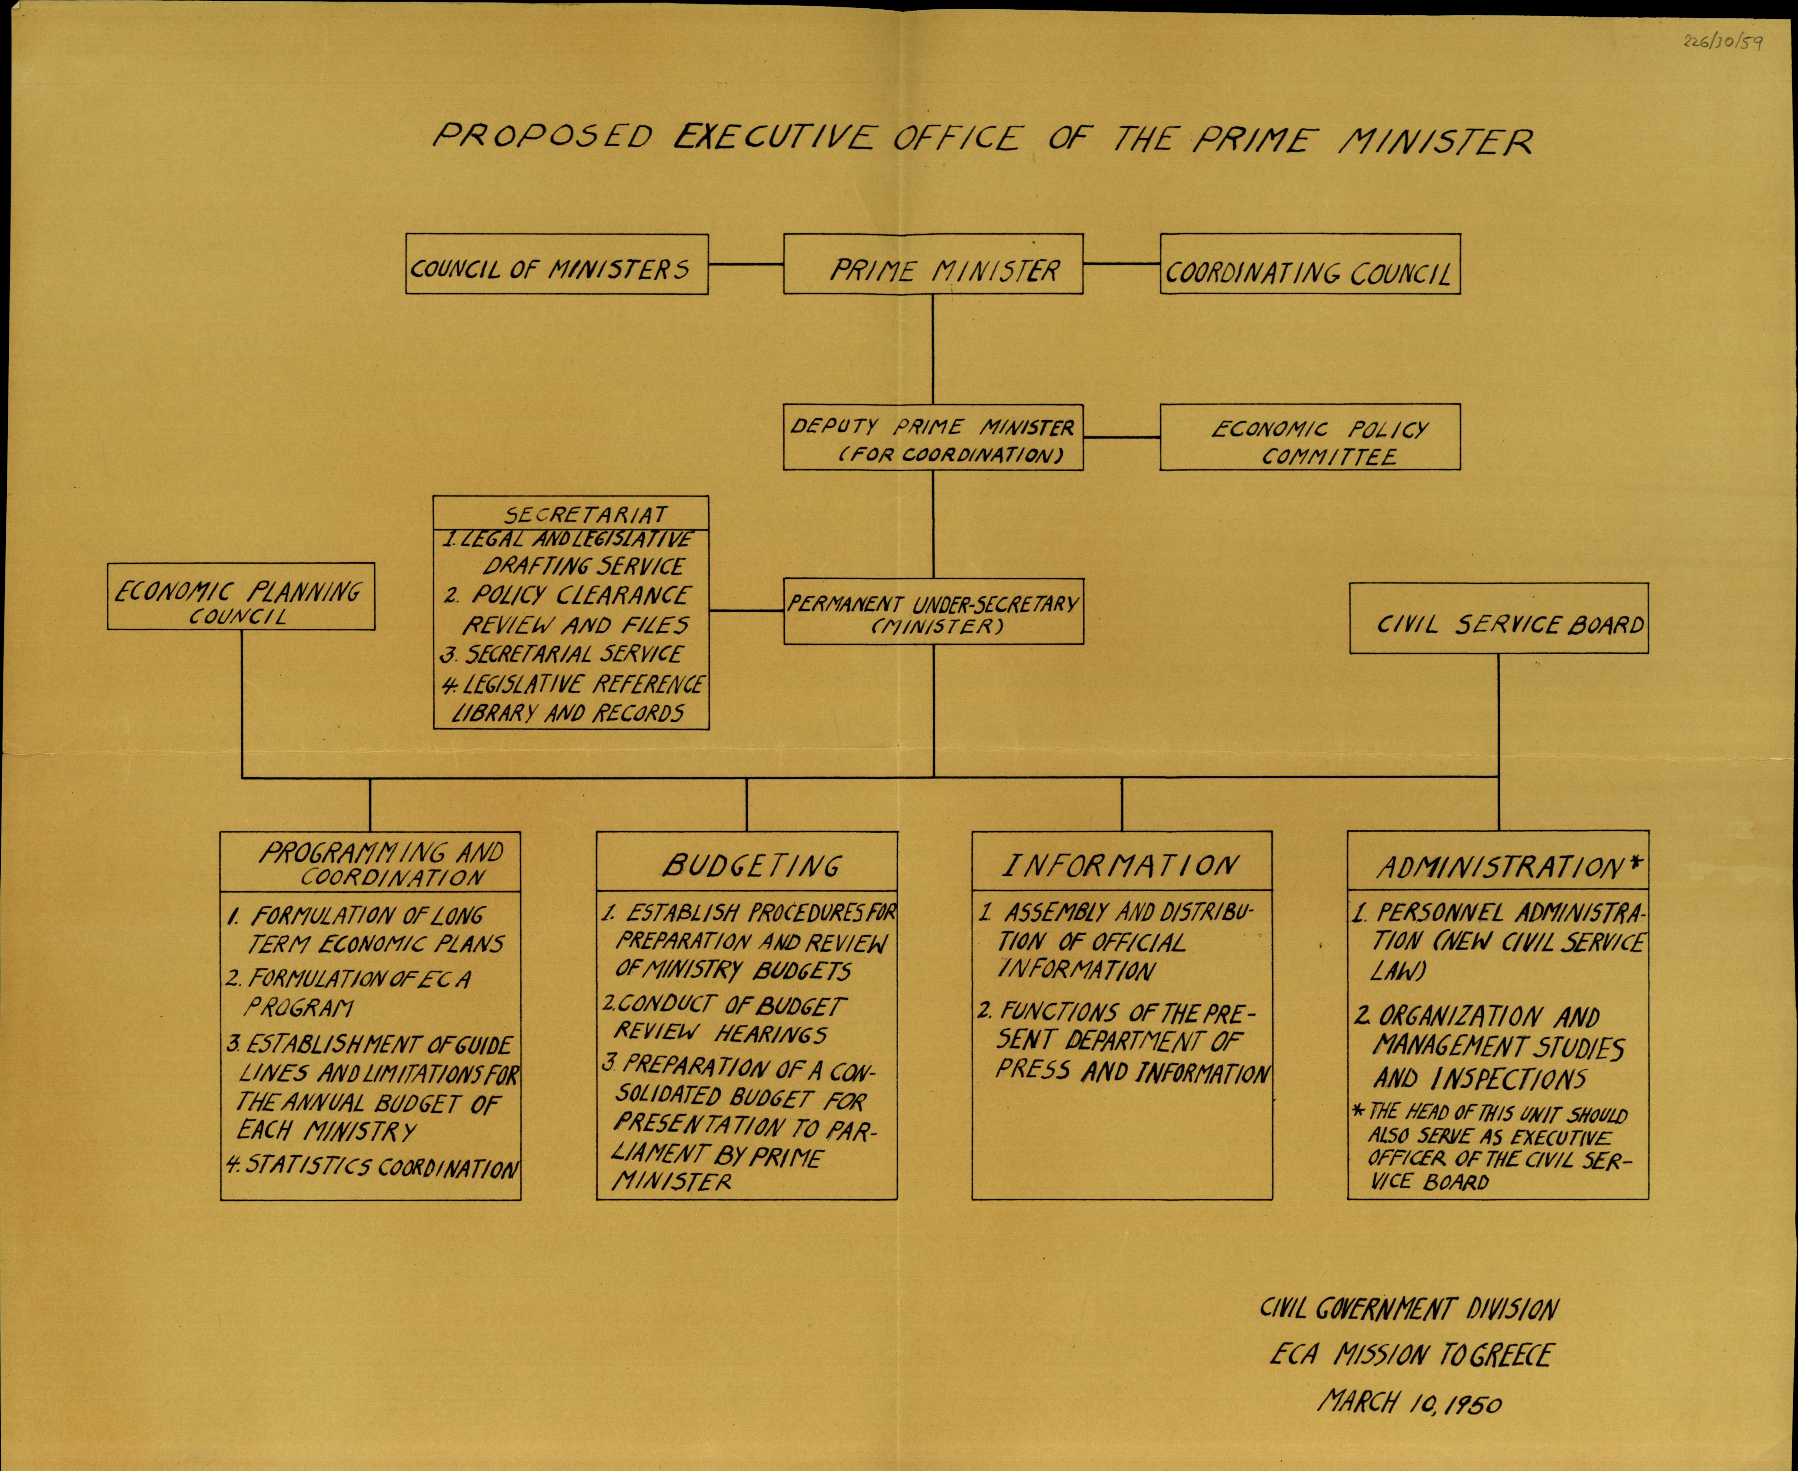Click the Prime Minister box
pyautogui.click(x=933, y=264)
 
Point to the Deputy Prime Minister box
pyautogui.click(x=933, y=437)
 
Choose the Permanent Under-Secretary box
pyautogui.click(x=933, y=612)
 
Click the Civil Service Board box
pyautogui.click(x=1498, y=618)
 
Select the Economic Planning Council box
pyautogui.click(x=241, y=597)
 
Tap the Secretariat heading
pyautogui.click(x=585, y=514)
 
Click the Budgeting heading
pyautogui.click(x=750, y=864)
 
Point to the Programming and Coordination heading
pyautogui.click(x=381, y=863)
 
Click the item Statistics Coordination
pyautogui.click(x=373, y=1168)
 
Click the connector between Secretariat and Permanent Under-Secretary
pyautogui.click(x=746, y=610)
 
